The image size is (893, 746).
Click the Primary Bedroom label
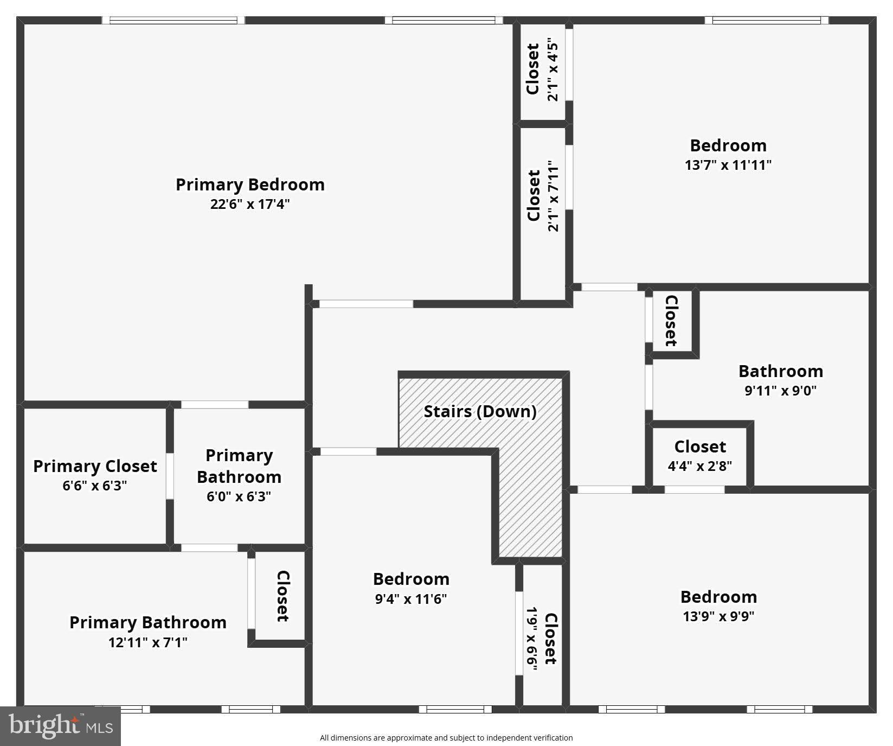tap(250, 184)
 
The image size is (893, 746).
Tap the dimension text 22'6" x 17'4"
tap(250, 205)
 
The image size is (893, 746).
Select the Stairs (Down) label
tap(480, 411)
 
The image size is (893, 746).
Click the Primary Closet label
tap(95, 466)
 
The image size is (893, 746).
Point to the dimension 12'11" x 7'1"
tap(147, 642)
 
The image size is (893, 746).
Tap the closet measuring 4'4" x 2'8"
tap(699, 456)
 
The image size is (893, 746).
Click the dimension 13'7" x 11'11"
tap(728, 165)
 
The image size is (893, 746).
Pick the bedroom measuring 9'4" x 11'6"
tap(411, 588)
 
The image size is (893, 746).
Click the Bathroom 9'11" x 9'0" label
tap(781, 380)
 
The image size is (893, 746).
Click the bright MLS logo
tap(60, 726)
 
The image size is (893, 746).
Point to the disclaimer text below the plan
tap(446, 738)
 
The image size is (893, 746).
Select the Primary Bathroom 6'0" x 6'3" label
tap(239, 475)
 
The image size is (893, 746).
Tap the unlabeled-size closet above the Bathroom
tap(671, 321)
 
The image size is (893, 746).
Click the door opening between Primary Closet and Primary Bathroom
tap(170, 476)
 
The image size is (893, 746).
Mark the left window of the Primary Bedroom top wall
tap(173, 20)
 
